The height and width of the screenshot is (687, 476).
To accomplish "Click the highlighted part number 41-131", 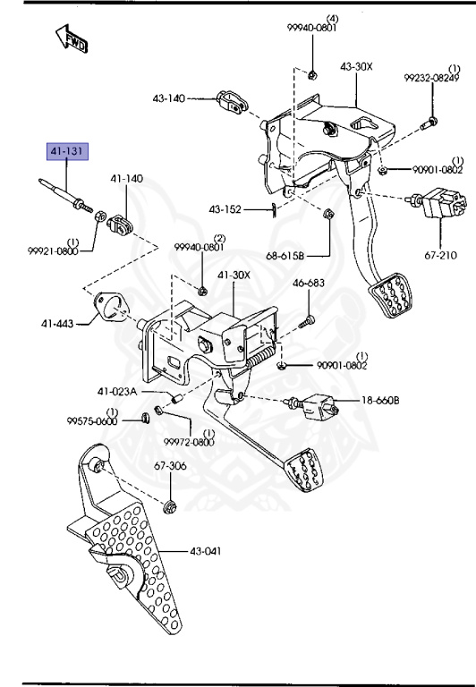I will (69, 151).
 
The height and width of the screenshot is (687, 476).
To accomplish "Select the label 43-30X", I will (356, 67).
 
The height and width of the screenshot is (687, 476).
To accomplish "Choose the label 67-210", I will (441, 255).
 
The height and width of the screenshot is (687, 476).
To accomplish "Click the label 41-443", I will (55, 325).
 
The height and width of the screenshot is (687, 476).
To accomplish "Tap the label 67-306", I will (170, 465).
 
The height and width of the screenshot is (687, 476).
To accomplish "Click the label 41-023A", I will (118, 391).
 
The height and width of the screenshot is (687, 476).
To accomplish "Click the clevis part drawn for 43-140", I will (232, 104).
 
